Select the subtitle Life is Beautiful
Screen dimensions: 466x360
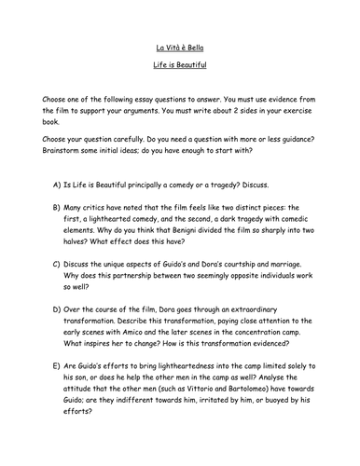click(179, 69)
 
